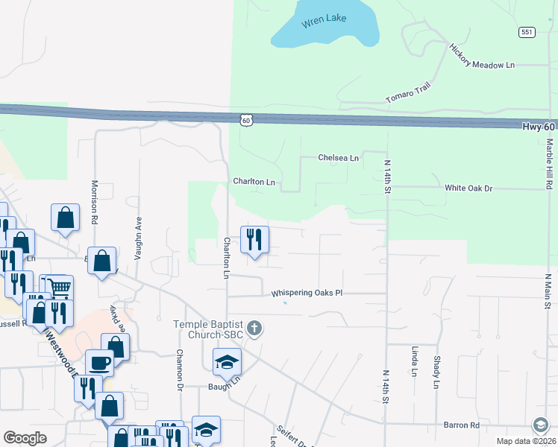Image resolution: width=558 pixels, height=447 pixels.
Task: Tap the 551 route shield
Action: pos(527,32)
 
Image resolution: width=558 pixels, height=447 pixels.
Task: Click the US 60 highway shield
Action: pos(247,119)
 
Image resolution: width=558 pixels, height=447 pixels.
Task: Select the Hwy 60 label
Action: pos(538,127)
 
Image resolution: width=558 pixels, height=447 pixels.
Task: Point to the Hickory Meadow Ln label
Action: pos(482,57)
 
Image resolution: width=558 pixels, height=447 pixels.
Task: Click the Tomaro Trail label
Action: pos(408,94)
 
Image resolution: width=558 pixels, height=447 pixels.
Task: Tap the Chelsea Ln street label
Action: pos(338,158)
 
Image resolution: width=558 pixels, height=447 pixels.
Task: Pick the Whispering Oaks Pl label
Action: pos(306,293)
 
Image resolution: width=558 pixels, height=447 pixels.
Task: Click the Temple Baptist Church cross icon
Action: pos(254,329)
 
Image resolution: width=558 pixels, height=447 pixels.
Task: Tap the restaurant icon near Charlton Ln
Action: pos(254,239)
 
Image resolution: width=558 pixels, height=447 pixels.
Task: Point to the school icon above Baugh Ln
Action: pos(227,362)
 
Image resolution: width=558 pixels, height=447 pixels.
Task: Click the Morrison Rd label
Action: pos(95,203)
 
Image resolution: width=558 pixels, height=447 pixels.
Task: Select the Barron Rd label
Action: pos(461,425)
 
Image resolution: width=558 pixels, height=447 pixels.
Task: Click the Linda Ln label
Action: pos(413,361)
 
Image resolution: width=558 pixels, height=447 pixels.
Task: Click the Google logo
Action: pos(25,438)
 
